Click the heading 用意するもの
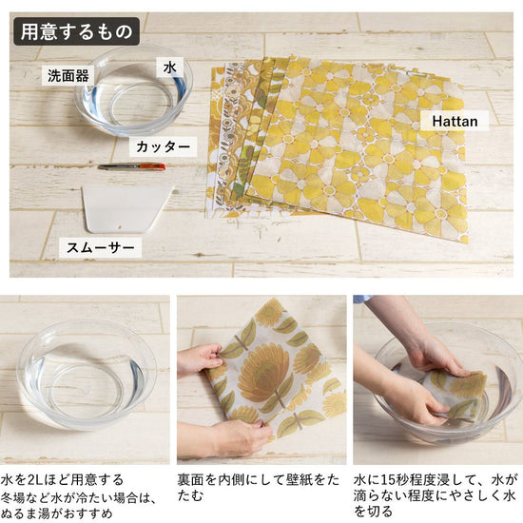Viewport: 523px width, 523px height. click(x=76, y=31)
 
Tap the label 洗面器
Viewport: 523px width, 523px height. click(x=68, y=76)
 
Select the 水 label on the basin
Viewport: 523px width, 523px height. click(x=170, y=68)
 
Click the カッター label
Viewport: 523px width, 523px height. click(x=164, y=146)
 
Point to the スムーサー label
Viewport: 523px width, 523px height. click(x=101, y=247)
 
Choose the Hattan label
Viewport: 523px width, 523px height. click(x=455, y=121)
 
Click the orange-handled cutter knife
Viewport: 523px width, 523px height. click(x=131, y=166)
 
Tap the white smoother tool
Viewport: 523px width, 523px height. click(x=126, y=209)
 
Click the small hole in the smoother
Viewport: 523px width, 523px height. click(x=118, y=228)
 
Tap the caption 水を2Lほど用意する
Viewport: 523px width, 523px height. click(x=62, y=480)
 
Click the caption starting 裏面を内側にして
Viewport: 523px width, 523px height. click(x=258, y=488)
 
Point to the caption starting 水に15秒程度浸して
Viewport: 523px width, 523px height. click(x=435, y=495)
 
